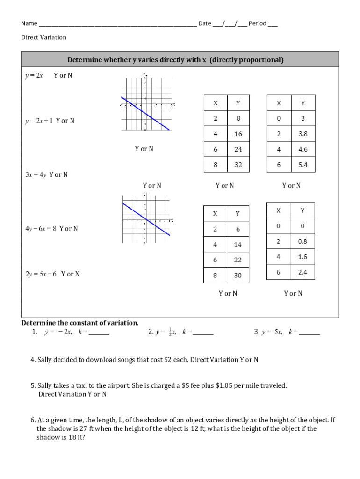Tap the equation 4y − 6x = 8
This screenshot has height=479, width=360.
[41, 229]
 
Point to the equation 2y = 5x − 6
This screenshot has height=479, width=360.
[41, 274]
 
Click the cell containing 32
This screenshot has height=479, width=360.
[238, 165]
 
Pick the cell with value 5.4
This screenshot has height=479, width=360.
[303, 165]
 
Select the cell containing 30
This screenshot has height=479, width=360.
[238, 276]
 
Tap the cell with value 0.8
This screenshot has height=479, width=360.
[302, 241]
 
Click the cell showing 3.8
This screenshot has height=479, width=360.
[303, 134]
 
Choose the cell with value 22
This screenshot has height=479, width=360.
[238, 260]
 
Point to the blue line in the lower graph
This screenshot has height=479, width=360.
[146, 219]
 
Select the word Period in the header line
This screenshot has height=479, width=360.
[258, 23]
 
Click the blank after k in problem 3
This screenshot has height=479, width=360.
[310, 333]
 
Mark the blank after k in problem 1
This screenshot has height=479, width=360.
[99, 333]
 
